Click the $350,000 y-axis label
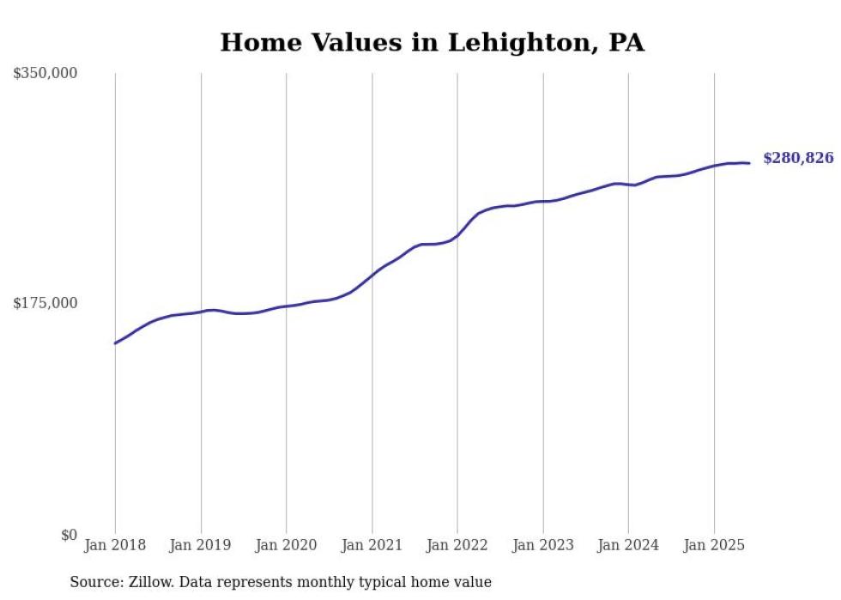point(45,74)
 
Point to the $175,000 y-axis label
point(45,303)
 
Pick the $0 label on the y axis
point(69,535)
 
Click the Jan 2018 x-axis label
point(115,545)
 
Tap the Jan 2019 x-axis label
point(201,545)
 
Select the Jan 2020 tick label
point(287,545)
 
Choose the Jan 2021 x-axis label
point(372,545)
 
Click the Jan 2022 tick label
point(457,545)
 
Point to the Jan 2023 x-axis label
point(543,545)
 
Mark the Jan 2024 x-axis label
point(628,545)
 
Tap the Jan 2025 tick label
point(714,545)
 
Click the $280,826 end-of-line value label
point(798,158)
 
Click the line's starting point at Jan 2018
point(115,343)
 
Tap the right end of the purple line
point(749,163)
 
